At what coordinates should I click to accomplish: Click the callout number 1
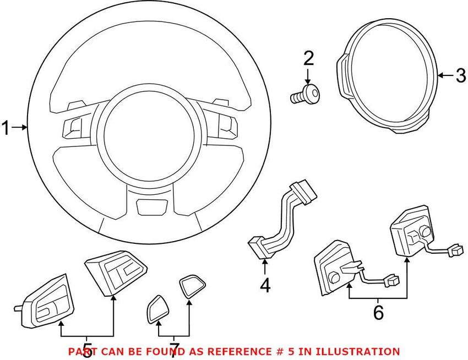pyautogui.click(x=6, y=128)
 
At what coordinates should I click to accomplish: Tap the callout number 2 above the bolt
pyautogui.click(x=309, y=58)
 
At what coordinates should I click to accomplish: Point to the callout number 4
pyautogui.click(x=265, y=285)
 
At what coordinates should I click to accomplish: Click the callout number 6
pyautogui.click(x=378, y=313)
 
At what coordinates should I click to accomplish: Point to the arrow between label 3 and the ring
pyautogui.click(x=446, y=75)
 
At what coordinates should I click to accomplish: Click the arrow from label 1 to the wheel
pyautogui.click(x=20, y=128)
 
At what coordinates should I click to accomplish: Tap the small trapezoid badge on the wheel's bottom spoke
pyautogui.click(x=152, y=206)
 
